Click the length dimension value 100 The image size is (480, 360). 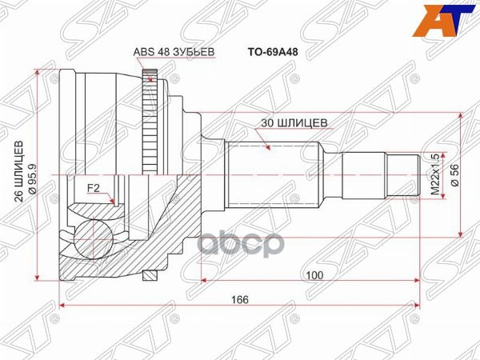click(x=314, y=274)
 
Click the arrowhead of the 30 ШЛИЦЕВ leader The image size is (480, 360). click(x=268, y=147)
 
